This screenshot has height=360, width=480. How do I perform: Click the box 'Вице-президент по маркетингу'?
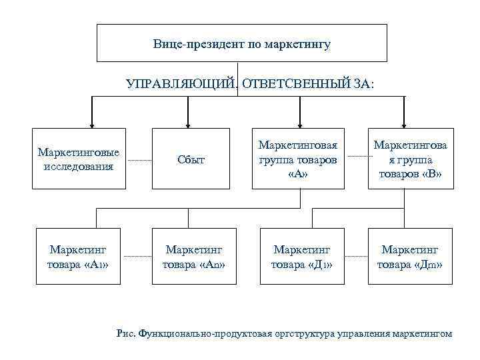click(242, 43)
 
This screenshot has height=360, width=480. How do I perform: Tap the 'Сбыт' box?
click(191, 159)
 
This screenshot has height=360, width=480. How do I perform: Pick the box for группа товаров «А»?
click(299, 159)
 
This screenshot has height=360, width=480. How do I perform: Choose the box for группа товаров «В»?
click(410, 159)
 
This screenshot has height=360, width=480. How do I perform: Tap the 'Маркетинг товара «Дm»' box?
click(410, 257)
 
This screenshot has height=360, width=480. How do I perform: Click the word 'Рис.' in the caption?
click(125, 333)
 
